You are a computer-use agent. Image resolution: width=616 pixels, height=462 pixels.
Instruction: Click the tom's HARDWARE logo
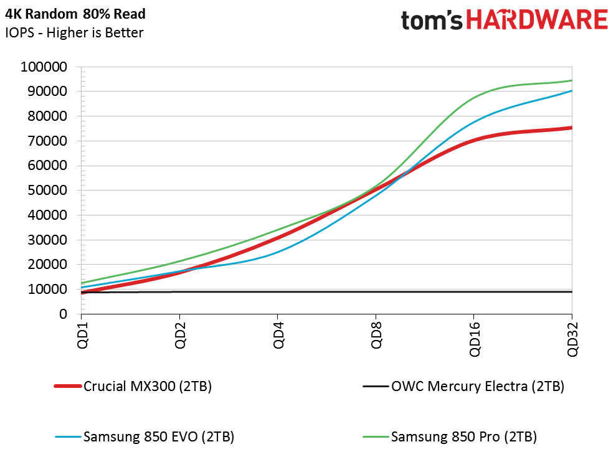click(504, 20)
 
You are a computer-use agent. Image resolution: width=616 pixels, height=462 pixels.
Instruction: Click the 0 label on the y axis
click(63, 314)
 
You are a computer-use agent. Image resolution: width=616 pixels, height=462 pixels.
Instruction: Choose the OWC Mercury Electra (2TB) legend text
click(477, 387)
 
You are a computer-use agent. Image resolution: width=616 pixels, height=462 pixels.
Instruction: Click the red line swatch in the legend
click(68, 387)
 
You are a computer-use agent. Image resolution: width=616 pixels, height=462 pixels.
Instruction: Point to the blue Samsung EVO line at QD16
click(474, 122)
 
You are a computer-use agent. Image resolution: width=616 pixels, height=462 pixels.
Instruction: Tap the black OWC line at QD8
click(376, 291)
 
